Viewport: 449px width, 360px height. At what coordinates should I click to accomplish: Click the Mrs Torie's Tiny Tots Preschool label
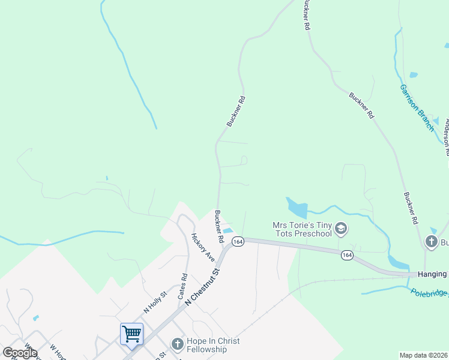(x=302, y=229)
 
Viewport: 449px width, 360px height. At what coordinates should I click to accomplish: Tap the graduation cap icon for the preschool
(x=341, y=229)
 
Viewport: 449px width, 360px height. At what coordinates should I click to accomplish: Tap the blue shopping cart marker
(x=131, y=334)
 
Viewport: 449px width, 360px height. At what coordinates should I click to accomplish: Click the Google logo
(x=20, y=353)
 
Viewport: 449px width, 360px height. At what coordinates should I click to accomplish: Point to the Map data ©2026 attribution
(x=424, y=355)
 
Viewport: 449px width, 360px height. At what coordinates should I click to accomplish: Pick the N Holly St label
(x=154, y=301)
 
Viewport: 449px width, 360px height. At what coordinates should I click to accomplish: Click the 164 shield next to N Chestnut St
(x=238, y=241)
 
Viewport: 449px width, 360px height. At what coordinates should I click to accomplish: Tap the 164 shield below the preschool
(x=346, y=255)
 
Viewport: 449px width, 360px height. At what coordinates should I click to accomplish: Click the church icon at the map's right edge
(x=431, y=242)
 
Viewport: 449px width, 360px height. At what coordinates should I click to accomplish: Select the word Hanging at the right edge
(x=433, y=275)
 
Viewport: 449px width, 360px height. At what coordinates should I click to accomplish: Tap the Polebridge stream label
(x=430, y=294)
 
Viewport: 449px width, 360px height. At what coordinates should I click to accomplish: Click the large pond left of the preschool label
(x=297, y=208)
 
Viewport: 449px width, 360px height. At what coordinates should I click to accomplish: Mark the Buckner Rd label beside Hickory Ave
(x=219, y=226)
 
